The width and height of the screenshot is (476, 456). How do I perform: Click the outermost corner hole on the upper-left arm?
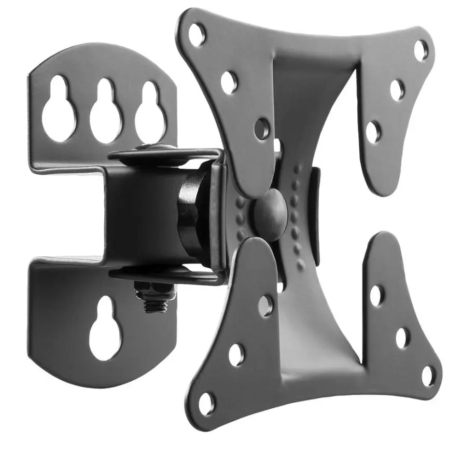197,34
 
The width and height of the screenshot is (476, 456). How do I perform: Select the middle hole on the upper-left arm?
229,82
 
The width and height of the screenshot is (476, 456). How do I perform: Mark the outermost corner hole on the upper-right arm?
422,50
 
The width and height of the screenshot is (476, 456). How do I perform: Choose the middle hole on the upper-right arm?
397,89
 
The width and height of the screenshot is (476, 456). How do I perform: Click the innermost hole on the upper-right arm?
373,132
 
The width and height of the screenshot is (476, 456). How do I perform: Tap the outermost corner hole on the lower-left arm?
206,402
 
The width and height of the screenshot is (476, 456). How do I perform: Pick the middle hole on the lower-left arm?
236,354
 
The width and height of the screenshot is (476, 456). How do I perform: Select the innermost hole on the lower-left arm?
265,306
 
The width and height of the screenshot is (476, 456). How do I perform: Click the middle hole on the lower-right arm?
402,338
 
